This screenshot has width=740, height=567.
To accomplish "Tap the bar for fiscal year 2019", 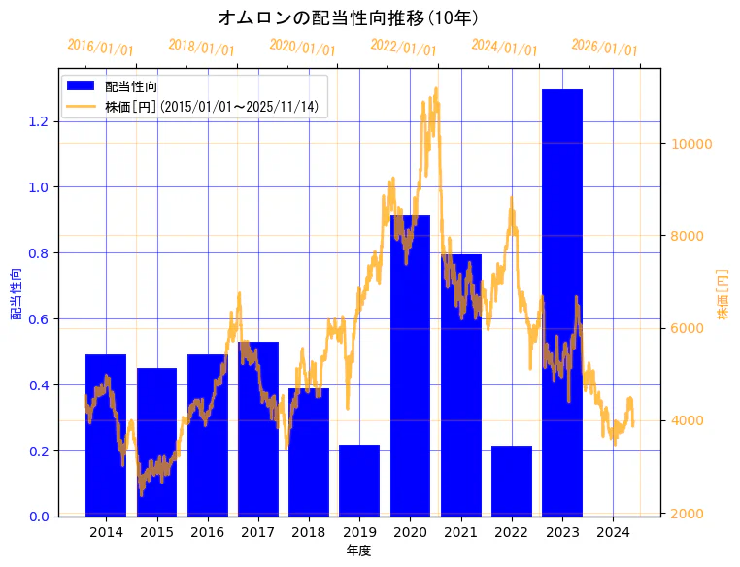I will (x=359, y=480).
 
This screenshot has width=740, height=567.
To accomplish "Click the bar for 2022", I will (x=512, y=481).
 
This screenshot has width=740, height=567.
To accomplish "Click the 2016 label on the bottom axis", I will (x=207, y=532).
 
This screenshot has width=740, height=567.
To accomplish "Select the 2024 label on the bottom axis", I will (x=613, y=532).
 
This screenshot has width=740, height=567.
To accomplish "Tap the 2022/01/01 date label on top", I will (x=404, y=47).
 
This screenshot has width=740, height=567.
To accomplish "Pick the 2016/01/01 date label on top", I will (x=101, y=47).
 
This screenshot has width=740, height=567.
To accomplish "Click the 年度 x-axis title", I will (x=358, y=550).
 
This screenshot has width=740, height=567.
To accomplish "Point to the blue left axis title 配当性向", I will (x=17, y=293).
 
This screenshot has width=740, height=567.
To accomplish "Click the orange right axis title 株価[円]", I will (x=723, y=293).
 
